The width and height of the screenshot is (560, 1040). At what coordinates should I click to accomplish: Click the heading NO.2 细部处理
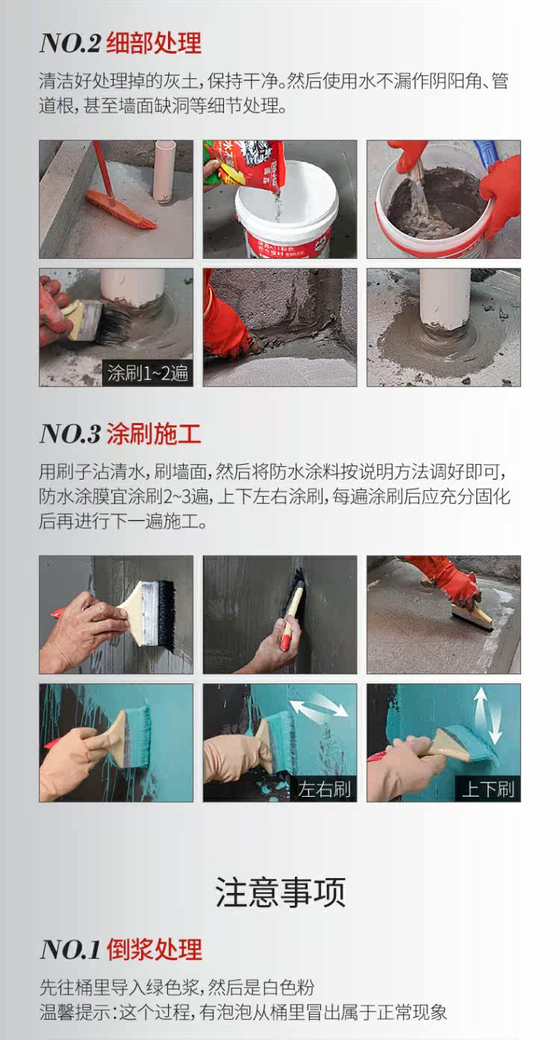[120, 43]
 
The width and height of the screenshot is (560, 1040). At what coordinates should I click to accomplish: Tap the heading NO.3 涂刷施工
[120, 434]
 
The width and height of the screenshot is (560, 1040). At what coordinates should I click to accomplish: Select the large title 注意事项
[280, 892]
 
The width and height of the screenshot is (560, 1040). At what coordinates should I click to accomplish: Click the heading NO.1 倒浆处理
[121, 949]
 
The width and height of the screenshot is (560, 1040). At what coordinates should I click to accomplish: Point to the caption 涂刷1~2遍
[148, 373]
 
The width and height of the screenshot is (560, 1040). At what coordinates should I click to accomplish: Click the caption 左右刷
[324, 789]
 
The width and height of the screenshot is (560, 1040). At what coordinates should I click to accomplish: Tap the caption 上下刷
[488, 789]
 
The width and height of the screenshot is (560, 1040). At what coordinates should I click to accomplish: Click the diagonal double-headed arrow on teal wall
[319, 708]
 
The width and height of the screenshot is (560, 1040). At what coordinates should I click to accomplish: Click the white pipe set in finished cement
[444, 299]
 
